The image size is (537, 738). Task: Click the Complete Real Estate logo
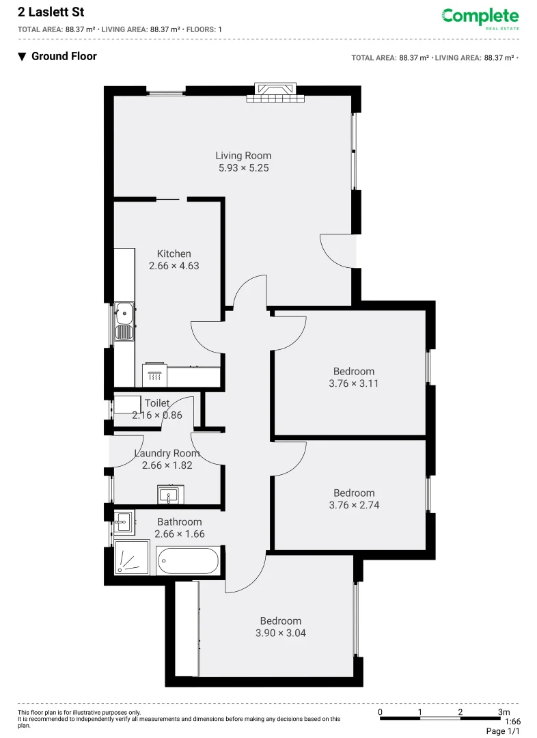[480, 18]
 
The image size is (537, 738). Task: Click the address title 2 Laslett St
[51, 12]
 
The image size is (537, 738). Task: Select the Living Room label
[243, 156]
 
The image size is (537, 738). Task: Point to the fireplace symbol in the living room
[275, 93]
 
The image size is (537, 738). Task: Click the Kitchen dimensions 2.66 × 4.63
[174, 266]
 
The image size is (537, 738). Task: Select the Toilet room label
[157, 403]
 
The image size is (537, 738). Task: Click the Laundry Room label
[167, 453]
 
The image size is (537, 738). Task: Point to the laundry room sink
[168, 494]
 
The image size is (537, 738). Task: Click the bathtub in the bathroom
[188, 562]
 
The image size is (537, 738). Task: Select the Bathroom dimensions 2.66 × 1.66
[180, 534]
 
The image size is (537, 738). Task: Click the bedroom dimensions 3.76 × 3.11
[354, 383]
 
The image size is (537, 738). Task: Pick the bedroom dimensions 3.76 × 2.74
[354, 505]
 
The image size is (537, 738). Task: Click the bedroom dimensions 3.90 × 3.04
[281, 633]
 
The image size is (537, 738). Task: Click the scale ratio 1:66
[512, 722]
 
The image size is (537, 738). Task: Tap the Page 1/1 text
[503, 731]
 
